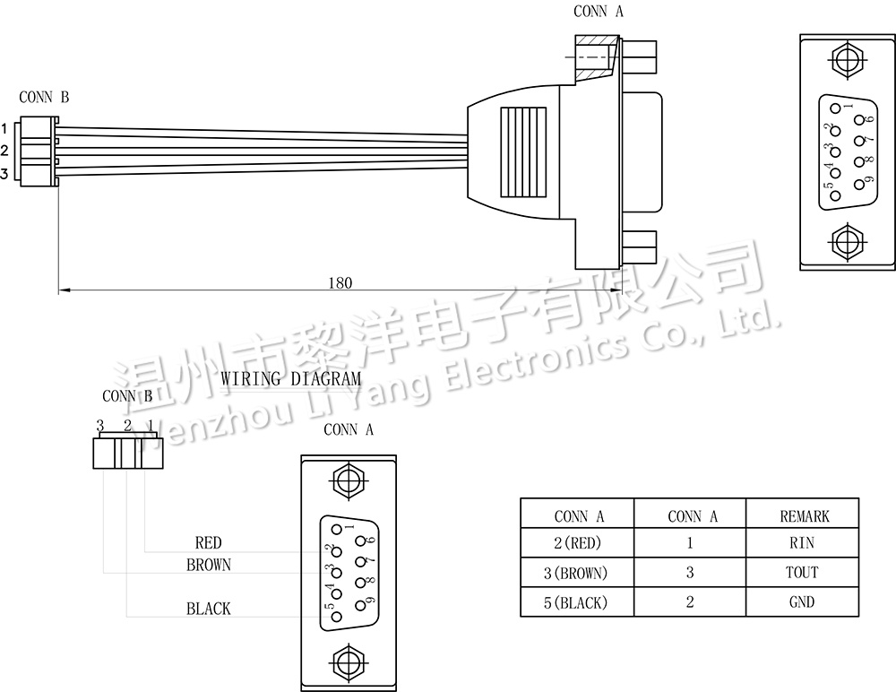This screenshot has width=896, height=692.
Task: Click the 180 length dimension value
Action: [x=340, y=283]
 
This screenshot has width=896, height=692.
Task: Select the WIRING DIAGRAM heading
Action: [x=291, y=378]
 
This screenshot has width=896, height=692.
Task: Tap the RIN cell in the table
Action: [x=802, y=542]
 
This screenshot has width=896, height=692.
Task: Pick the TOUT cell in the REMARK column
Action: [x=802, y=573]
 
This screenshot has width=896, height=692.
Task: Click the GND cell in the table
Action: [x=802, y=602]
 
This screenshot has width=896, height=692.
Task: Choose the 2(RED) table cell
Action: [x=577, y=542]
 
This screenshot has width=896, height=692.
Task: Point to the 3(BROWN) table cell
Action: [x=576, y=573]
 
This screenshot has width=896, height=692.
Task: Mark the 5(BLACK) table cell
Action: [x=576, y=602]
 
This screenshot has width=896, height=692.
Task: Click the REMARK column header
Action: [x=804, y=516]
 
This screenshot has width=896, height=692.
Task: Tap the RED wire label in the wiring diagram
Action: [x=208, y=542]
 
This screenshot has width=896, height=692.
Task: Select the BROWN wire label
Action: [x=209, y=565]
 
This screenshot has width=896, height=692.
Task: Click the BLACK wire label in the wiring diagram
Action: [x=209, y=609]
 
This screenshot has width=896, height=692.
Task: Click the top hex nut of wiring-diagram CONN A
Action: [x=347, y=481]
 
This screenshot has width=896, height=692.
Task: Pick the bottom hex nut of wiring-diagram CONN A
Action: [x=347, y=662]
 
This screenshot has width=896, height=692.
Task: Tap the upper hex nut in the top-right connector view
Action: [x=848, y=60]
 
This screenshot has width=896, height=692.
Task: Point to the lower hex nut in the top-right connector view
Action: [x=848, y=241]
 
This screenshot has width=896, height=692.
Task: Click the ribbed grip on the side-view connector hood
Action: [x=523, y=152]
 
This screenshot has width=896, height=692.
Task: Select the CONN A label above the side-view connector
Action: [x=599, y=11]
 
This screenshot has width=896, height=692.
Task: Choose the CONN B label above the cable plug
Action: [x=44, y=97]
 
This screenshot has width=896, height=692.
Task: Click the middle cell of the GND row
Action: [x=690, y=602]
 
